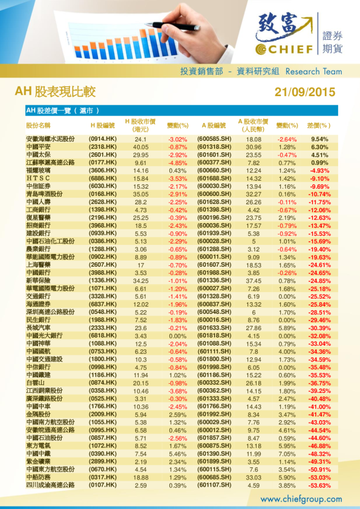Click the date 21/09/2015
[x=304, y=92]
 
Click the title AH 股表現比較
[x=55, y=92]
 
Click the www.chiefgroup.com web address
[x=301, y=499]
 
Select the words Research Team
[x=313, y=71]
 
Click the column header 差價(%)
[x=319, y=126]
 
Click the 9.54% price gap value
[x=319, y=139]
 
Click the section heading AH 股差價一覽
[x=61, y=111]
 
